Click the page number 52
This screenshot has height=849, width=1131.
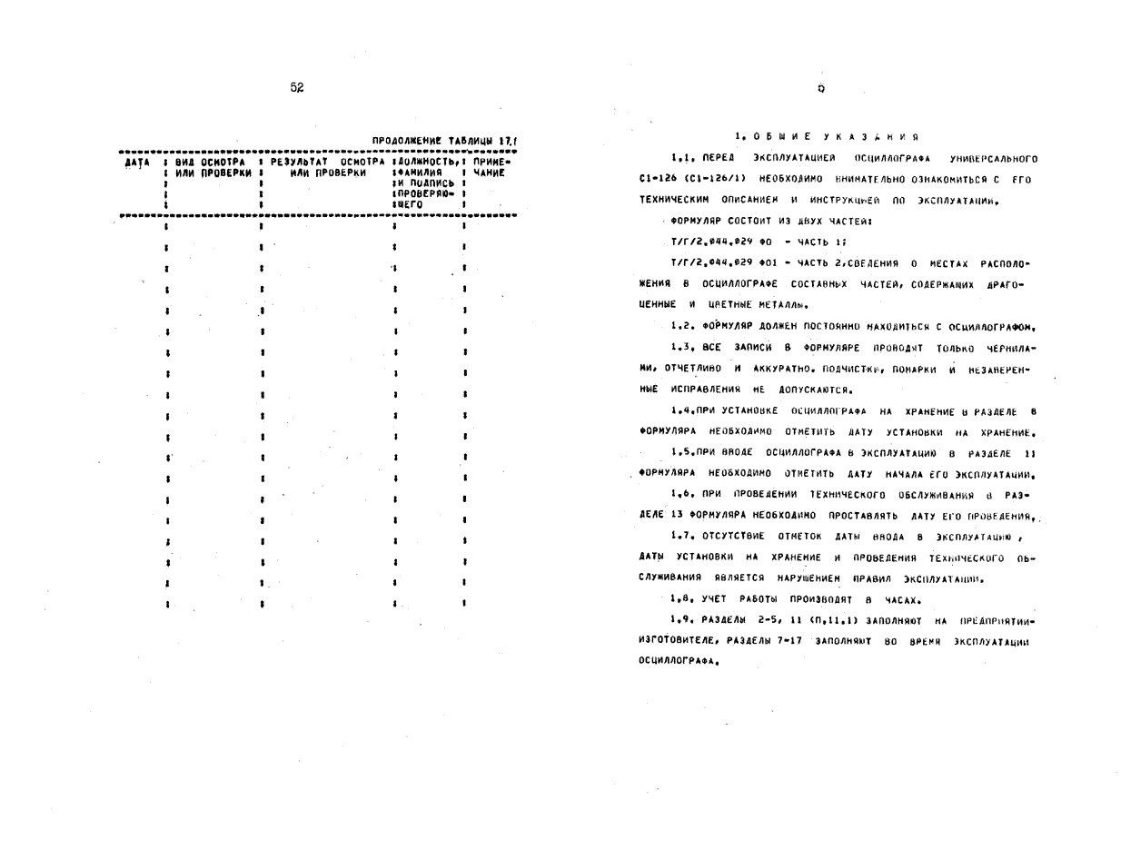(x=297, y=88)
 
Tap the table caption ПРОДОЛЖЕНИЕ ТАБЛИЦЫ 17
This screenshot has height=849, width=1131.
(x=444, y=141)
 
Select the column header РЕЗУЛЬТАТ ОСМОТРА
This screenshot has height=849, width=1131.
(x=328, y=162)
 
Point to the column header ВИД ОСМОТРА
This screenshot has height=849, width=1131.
(x=211, y=162)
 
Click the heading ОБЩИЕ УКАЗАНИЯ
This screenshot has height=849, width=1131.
(x=826, y=137)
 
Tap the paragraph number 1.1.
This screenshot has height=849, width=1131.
(x=682, y=159)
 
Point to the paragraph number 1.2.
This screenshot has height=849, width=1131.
(x=682, y=326)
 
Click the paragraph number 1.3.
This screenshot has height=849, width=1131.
(x=682, y=347)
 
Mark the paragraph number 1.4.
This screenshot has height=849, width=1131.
(x=682, y=410)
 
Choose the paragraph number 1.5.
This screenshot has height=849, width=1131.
(x=682, y=452)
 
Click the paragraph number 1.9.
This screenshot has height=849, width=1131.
(x=682, y=621)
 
